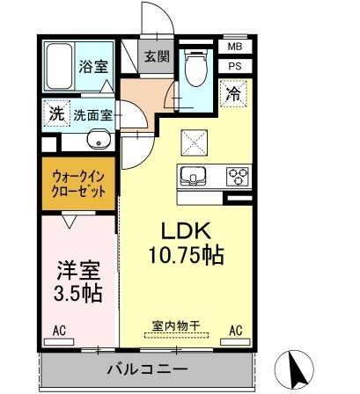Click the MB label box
[x=235, y=47]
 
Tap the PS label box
[x=235, y=65]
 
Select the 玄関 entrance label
[x=158, y=56]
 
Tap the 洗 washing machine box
[x=55, y=113]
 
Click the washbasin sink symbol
[x=98, y=140]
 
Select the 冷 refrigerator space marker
[x=234, y=92]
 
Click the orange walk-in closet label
[x=78, y=182]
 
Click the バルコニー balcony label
[x=147, y=369]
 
